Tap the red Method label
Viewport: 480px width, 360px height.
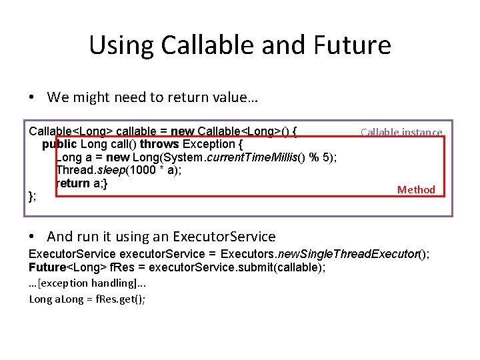416,190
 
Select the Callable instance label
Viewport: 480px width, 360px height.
401,132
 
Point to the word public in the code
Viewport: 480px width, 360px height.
59,144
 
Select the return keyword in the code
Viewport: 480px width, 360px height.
71,183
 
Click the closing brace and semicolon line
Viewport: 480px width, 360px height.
32,195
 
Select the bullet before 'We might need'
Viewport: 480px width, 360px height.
32,98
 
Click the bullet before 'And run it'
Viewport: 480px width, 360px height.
32,237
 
